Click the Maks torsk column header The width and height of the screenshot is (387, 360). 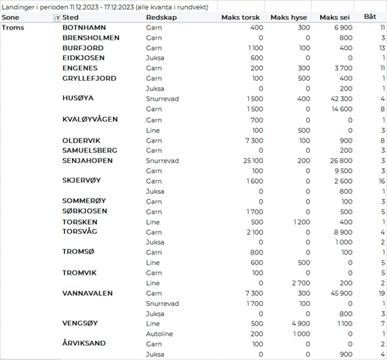tap(242, 18)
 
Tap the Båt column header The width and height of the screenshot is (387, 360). tap(371, 17)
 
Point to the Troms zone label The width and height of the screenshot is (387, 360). tap(14, 28)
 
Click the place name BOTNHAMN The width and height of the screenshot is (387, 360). tap(84, 28)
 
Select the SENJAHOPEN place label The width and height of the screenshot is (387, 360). tap(88, 161)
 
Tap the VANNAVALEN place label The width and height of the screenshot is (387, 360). tap(87, 293)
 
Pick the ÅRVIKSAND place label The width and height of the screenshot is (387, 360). tap(84, 344)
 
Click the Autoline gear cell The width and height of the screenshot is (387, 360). tap(159, 334)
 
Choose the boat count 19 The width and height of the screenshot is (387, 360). tap(381, 293)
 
